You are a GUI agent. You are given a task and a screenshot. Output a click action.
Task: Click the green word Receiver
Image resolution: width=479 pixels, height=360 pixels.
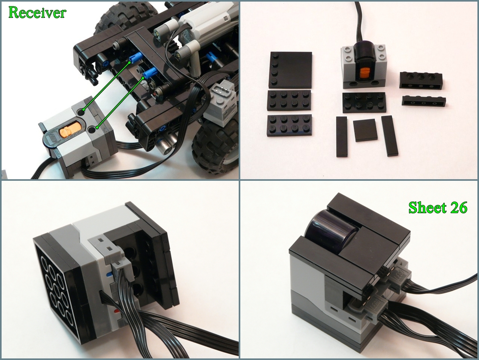click(37, 13)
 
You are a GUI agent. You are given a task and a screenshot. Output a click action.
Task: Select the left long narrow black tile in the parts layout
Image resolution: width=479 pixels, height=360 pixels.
click(342, 136)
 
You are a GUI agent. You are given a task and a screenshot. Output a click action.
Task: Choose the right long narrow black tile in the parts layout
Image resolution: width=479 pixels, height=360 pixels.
click(390, 136)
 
